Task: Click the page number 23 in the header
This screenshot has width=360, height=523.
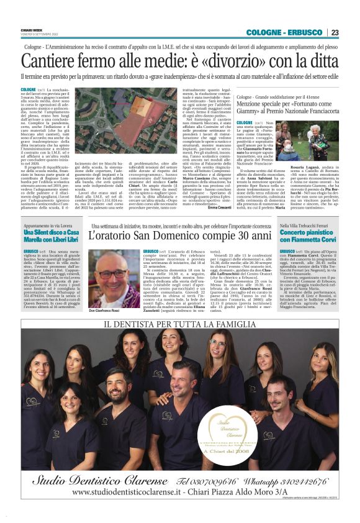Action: [335, 32]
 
